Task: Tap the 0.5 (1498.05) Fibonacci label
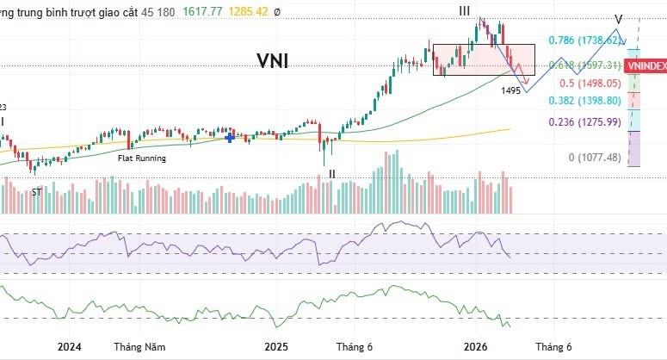point(590,84)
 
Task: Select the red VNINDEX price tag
point(646,65)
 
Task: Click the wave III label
point(464,10)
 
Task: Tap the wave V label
point(619,19)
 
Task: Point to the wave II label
point(331,173)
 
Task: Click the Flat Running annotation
point(142,158)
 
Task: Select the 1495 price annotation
point(511,90)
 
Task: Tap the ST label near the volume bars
point(36,192)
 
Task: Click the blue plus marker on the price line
point(230,136)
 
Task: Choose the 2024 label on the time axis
point(69,347)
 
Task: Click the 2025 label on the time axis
point(277,347)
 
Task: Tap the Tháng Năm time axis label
point(139,347)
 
